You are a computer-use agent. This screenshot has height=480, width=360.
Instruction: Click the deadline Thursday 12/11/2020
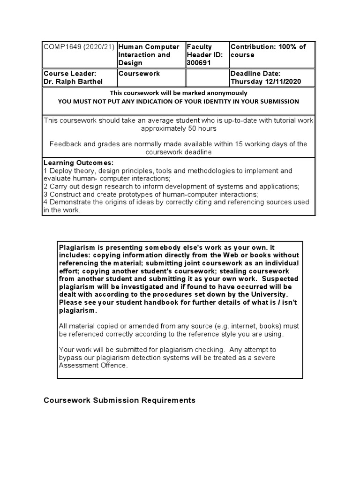pyautogui.click(x=265, y=82)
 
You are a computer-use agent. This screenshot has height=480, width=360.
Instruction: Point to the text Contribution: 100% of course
pyautogui.click(x=268, y=51)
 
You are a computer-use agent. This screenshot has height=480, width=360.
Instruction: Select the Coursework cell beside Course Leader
pyautogui.click(x=139, y=74)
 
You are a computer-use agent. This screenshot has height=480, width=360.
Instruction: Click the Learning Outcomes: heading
pyautogui.click(x=78, y=163)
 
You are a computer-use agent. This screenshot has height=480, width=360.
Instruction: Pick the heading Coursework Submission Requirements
pyautogui.click(x=120, y=400)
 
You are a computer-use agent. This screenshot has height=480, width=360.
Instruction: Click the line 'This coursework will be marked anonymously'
pyautogui.click(x=178, y=93)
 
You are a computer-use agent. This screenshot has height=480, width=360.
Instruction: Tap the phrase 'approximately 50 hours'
pyautogui.click(x=179, y=128)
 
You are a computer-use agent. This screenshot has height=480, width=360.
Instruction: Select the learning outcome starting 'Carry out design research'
pyautogui.click(x=171, y=186)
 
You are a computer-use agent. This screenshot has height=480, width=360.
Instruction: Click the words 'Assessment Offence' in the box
pyautogui.click(x=92, y=366)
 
